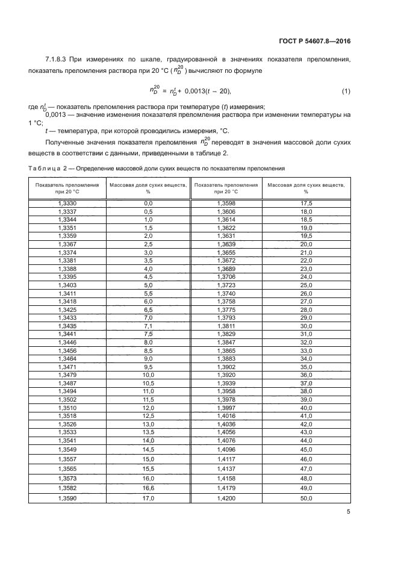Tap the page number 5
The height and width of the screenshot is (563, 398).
(348, 512)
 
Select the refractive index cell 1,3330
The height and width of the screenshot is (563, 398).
(67, 204)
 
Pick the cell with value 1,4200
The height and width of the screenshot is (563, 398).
(226, 499)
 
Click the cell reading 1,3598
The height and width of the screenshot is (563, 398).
(226, 204)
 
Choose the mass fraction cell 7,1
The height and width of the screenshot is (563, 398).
(148, 326)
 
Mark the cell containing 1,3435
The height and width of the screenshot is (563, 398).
(67, 326)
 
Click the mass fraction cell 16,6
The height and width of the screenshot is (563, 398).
(148, 488)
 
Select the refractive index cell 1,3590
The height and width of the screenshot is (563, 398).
(67, 499)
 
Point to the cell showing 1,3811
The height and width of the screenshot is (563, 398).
(226, 326)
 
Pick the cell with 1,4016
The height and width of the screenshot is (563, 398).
(226, 415)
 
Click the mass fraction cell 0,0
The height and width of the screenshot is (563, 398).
(148, 204)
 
